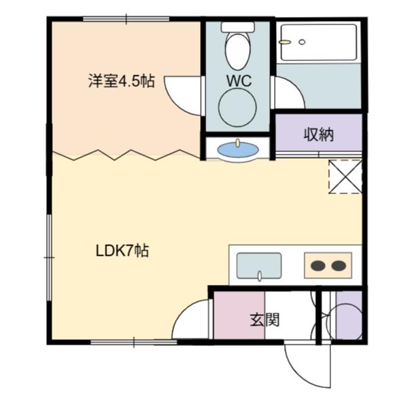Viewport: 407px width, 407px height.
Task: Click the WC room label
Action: click(x=239, y=81)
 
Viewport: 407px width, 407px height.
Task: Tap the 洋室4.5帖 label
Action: click(x=121, y=81)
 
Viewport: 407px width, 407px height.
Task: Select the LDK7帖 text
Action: click(x=122, y=251)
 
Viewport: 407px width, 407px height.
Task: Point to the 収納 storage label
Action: click(x=319, y=134)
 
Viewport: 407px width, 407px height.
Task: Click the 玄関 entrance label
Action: click(x=265, y=319)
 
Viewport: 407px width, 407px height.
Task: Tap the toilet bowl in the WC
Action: click(x=238, y=50)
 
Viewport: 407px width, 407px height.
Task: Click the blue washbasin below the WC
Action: click(x=238, y=150)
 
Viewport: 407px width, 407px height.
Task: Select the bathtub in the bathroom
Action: click(x=319, y=42)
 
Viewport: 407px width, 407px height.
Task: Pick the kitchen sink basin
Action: click(x=259, y=266)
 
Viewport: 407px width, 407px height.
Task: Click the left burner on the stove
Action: click(x=318, y=265)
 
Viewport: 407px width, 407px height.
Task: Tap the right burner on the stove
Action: click(x=338, y=265)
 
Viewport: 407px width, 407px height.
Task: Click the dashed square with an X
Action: click(x=345, y=176)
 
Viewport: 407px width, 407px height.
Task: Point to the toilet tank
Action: click(x=237, y=26)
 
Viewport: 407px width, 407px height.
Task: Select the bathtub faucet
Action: click(x=284, y=42)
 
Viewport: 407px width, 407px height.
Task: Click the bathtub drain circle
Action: click(x=302, y=42)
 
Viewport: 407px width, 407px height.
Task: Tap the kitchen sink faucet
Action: click(x=259, y=276)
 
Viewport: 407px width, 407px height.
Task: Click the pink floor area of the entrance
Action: click(x=239, y=315)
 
